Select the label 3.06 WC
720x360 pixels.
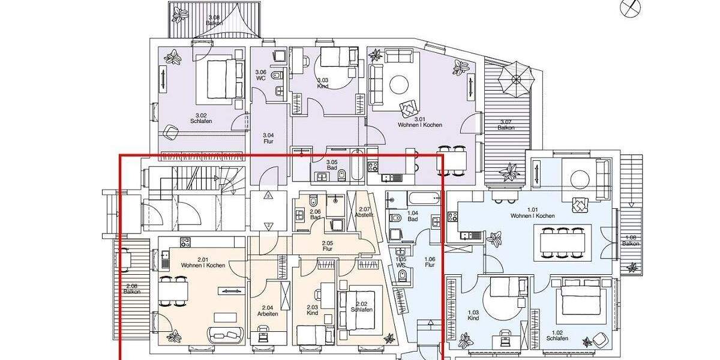pyautogui.click(x=260, y=74)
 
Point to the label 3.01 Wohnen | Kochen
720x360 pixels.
pyautogui.click(x=419, y=122)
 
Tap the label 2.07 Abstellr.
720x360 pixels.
pyautogui.click(x=364, y=211)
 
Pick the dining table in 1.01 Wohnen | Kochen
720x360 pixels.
pyautogui.click(x=562, y=242)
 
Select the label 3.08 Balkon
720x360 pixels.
pyautogui.click(x=214, y=20)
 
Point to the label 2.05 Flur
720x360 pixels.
pyautogui.click(x=328, y=246)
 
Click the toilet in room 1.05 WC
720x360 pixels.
pyautogui.click(x=403, y=275)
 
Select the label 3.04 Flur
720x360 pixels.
pyautogui.click(x=268, y=138)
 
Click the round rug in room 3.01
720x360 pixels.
pyautogui.click(x=400, y=83)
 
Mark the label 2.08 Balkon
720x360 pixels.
pyautogui.click(x=132, y=289)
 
